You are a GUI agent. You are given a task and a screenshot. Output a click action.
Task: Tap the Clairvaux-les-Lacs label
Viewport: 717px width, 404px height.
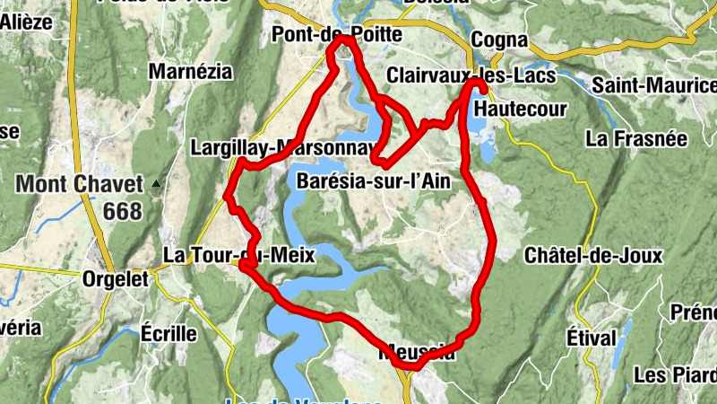coord(472,75)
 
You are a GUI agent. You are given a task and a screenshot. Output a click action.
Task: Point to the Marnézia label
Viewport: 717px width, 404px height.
coord(190,71)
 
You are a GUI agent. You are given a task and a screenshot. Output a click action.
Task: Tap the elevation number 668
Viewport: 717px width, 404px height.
coord(122,212)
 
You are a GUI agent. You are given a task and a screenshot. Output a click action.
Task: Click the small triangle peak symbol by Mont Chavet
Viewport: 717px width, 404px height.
coord(157,185)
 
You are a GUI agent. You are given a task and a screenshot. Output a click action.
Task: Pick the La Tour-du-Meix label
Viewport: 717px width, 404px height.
coord(239,256)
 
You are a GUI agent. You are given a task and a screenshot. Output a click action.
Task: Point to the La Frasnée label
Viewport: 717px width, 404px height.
coord(635,139)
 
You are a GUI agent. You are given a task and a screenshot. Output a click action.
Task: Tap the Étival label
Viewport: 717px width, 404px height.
coord(592,338)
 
